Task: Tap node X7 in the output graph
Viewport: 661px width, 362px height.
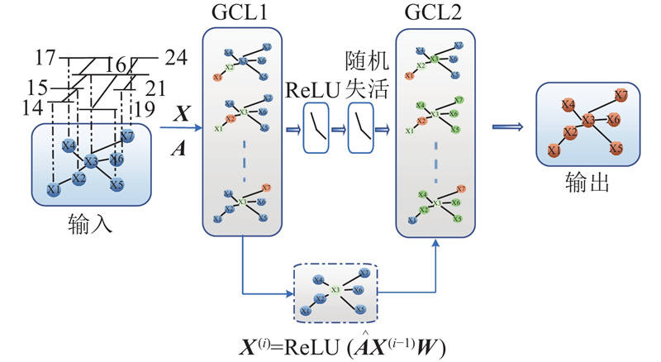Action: click(x=621, y=96)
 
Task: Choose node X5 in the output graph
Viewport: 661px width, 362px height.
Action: click(x=616, y=149)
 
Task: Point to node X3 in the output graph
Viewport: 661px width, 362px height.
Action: click(x=588, y=121)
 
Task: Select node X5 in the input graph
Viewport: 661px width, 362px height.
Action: click(x=117, y=184)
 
